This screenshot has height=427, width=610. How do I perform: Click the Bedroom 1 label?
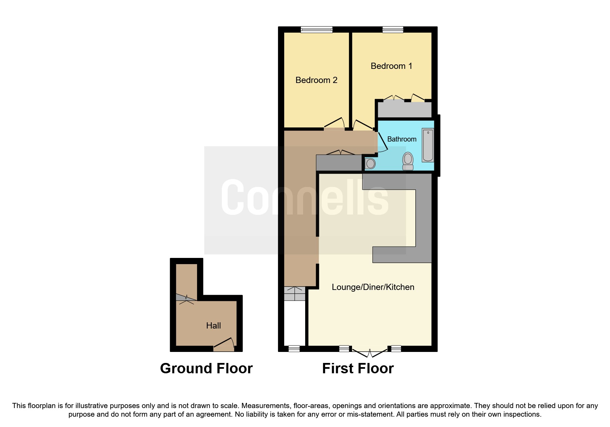tap(391, 66)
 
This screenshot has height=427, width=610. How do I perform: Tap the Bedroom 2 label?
tap(316, 80)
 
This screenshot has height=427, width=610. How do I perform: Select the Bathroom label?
tap(402, 139)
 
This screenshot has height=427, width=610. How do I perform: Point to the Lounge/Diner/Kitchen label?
tap(373, 287)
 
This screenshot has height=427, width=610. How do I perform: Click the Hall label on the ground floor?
tap(213, 326)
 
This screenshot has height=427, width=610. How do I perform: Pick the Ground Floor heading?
tap(206, 368)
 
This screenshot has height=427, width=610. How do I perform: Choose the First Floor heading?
tap(358, 368)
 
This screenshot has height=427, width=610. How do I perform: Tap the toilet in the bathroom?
tap(408, 161)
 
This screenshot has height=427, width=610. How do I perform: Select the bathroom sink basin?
tap(370, 164)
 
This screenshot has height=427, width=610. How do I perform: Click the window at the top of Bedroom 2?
tap(317, 30)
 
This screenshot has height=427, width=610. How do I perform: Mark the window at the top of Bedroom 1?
tap(393, 30)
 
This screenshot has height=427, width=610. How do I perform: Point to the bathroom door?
tap(382, 142)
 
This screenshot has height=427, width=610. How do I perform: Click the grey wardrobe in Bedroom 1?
tap(404, 110)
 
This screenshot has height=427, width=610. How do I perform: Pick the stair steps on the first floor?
tap(294, 294)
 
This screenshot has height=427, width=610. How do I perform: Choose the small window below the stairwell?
tap(294, 349)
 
